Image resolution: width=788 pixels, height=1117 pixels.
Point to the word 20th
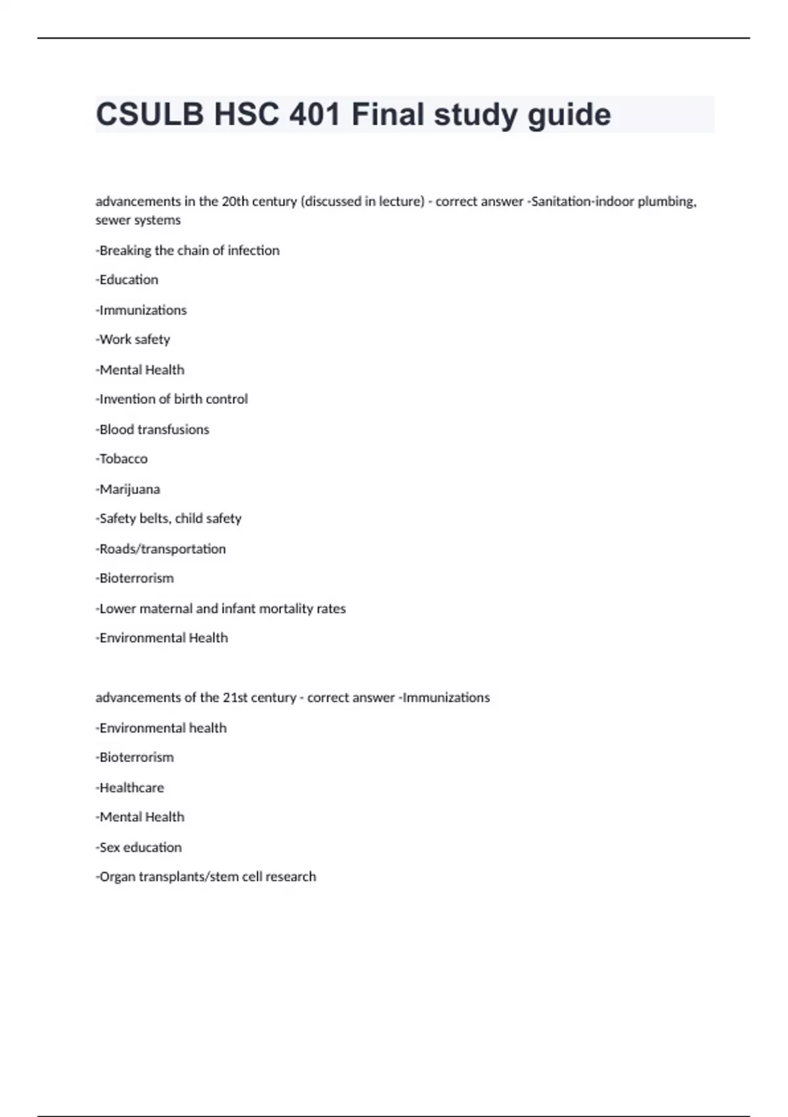click(x=235, y=202)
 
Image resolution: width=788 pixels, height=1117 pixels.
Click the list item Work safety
click(x=133, y=340)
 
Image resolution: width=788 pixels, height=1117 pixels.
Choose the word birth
click(x=188, y=399)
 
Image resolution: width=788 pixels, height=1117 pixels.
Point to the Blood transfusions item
click(x=152, y=430)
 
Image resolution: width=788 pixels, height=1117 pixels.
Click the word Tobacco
click(x=123, y=459)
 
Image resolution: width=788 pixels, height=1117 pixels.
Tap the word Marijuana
click(x=129, y=490)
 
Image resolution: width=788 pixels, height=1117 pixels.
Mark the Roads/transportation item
click(x=162, y=549)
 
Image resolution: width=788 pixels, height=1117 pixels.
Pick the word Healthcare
click(x=131, y=788)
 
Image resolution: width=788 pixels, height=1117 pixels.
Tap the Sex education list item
click(x=139, y=848)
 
